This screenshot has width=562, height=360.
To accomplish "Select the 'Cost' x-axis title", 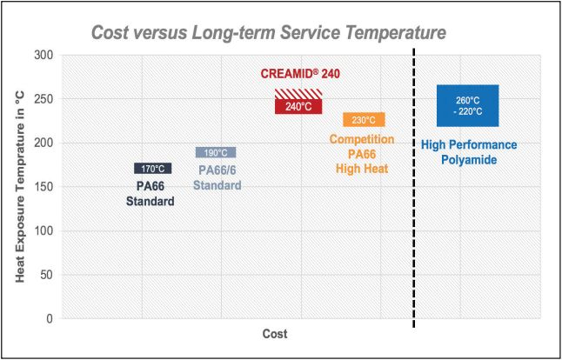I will (274, 334).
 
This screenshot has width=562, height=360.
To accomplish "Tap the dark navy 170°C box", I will (153, 168).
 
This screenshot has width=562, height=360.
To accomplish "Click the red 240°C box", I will (298, 107).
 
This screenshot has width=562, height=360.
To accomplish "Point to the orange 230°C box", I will (364, 120).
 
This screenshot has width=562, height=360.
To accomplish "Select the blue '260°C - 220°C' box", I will (468, 106).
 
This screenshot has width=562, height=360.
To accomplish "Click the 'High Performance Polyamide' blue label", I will (469, 153).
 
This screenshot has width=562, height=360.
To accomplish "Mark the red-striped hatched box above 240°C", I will (298, 93).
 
